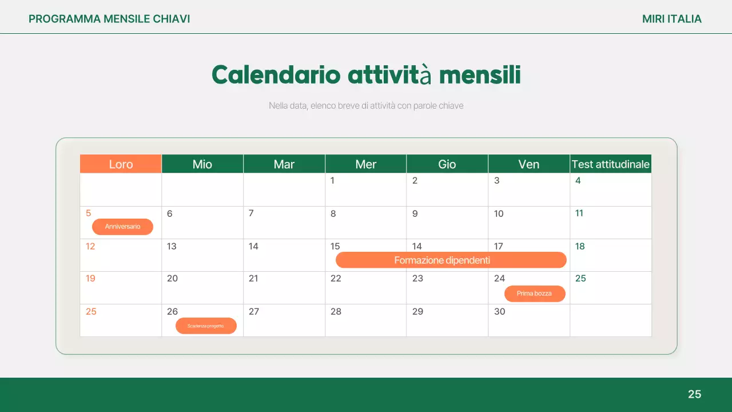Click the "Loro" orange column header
(121, 164)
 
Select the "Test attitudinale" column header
(611, 164)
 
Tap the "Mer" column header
(365, 164)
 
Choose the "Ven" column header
(528, 164)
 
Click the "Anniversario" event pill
(122, 227)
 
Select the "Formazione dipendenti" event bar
(451, 260)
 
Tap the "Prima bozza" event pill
(534, 294)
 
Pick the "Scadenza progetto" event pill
(205, 326)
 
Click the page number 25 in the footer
(694, 394)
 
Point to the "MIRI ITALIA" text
(671, 19)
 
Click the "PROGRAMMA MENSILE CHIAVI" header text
(109, 19)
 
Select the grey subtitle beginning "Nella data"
(366, 106)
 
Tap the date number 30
(500, 312)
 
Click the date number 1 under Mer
(332, 181)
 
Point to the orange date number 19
(90, 279)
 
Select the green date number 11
(579, 213)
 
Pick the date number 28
(336, 312)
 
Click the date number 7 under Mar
(251, 213)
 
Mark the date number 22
(336, 279)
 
